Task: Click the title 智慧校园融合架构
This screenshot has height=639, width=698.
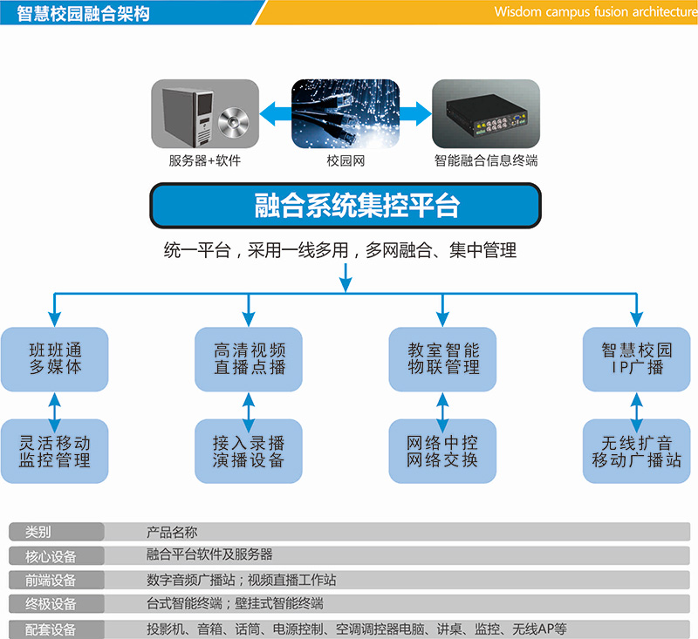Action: click(84, 12)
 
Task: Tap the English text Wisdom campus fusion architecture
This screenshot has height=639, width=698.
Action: click(592, 12)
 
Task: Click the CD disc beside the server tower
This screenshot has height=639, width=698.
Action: click(234, 124)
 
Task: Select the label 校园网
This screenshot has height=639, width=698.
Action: click(346, 161)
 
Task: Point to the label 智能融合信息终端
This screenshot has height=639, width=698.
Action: click(486, 161)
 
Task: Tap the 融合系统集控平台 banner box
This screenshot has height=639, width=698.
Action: click(346, 206)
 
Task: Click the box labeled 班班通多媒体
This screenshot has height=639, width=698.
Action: click(55, 359)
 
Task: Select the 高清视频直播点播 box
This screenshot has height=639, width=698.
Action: click(249, 359)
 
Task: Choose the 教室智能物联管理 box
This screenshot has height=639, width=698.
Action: click(443, 359)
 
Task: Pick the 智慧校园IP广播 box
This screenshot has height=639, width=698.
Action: click(637, 359)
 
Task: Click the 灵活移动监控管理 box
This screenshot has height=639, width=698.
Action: click(55, 452)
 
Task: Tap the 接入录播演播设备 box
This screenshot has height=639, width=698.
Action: click(249, 452)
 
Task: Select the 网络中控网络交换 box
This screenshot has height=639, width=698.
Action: click(443, 452)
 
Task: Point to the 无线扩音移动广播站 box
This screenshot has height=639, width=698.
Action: click(637, 452)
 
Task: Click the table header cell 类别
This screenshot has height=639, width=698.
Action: click(39, 532)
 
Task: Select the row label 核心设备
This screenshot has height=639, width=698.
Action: click(51, 556)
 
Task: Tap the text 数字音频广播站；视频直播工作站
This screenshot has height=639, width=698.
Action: click(242, 580)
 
